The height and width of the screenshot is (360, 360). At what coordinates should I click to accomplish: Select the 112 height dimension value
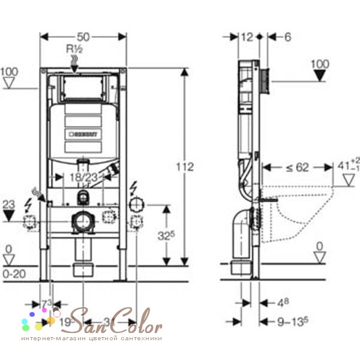(187, 166)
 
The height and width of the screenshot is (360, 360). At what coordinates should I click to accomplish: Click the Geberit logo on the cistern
(83, 134)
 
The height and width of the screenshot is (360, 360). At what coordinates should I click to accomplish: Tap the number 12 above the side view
(246, 37)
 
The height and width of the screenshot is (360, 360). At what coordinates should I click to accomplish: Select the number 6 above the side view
(287, 37)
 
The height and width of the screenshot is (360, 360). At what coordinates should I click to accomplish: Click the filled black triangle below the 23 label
(8, 218)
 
